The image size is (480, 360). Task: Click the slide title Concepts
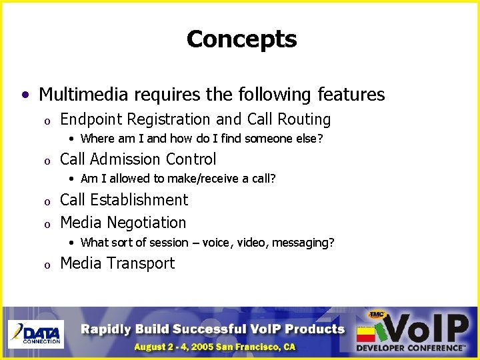[241, 39]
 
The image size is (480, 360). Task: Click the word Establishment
[139, 200]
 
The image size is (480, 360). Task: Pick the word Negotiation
[146, 223]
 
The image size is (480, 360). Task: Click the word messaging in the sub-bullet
[302, 243]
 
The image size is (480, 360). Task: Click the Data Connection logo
[35, 333]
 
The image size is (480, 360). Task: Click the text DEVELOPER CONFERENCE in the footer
[409, 347]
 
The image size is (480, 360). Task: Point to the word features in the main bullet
[353, 95]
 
